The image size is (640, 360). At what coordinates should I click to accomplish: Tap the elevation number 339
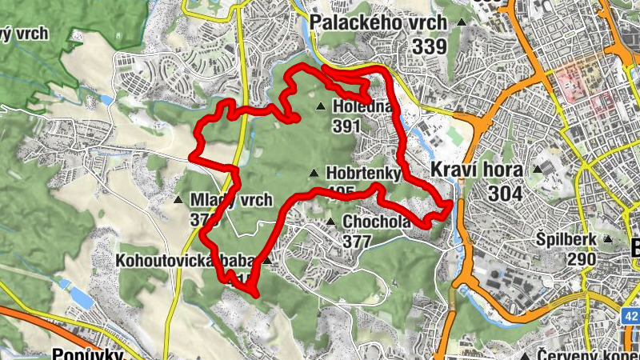point(430,46)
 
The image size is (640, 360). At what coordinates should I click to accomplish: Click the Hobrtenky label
point(359,174)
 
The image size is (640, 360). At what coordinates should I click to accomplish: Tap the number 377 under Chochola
point(358,240)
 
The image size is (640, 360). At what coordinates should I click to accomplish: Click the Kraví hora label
point(476,170)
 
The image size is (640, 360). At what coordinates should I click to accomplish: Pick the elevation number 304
point(504,194)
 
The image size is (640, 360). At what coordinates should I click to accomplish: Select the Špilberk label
point(566,239)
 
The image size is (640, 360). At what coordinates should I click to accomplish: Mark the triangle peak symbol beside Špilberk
point(608,239)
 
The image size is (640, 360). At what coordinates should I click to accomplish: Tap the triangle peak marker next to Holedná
point(321,106)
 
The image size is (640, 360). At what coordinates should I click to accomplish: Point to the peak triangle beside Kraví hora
point(538,170)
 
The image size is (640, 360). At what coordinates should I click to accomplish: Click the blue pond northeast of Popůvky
point(80,296)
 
